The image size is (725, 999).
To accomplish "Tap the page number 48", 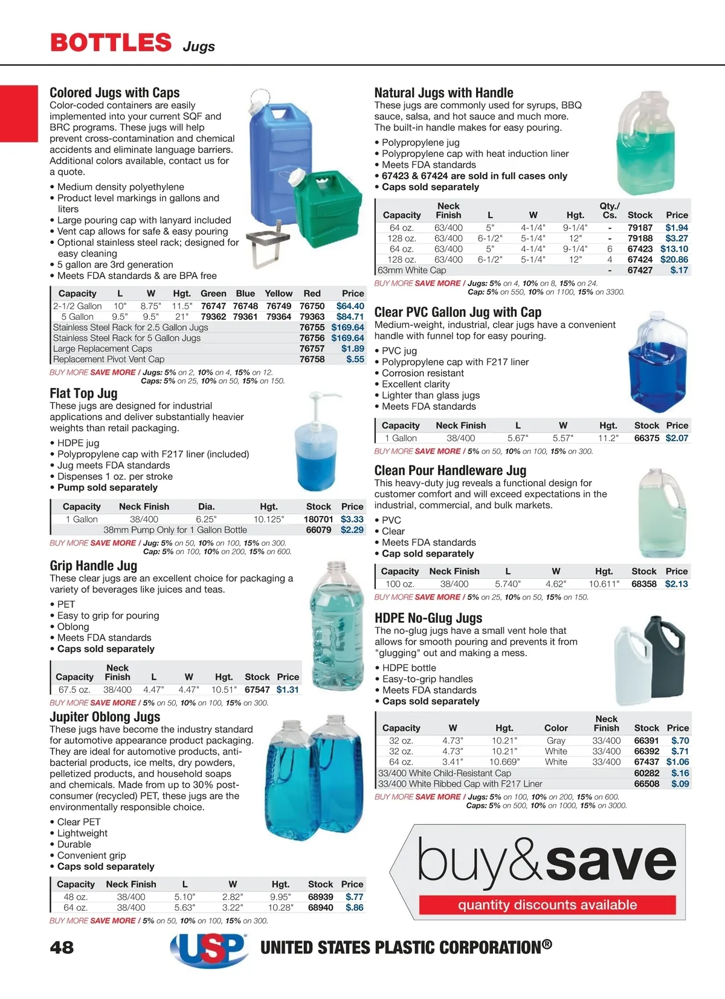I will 62,947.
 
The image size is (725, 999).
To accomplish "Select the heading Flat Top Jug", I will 83,394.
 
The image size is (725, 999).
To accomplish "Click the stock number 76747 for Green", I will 213,306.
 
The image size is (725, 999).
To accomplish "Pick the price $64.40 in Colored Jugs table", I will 350,306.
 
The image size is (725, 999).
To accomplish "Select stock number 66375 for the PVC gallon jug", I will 646,438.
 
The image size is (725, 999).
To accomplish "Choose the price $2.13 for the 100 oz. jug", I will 676,584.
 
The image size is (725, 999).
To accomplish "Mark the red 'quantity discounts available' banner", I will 547,905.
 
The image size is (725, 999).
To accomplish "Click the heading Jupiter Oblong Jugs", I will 105,717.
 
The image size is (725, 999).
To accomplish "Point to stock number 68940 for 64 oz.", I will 321,907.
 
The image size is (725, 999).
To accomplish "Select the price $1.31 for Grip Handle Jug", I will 288,689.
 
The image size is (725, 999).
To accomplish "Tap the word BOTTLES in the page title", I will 111,42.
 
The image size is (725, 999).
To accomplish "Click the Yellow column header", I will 279,293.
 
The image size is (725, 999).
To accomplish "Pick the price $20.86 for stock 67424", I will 674,260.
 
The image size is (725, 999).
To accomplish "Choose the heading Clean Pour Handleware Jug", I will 450,470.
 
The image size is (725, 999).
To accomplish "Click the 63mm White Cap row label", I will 412,270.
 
